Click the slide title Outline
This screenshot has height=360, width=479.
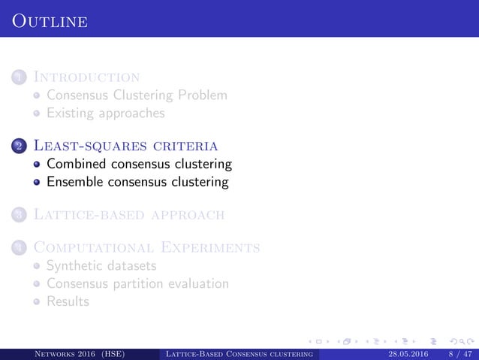point(50,22)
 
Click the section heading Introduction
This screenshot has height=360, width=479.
point(92,77)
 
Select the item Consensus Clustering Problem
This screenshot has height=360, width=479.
point(136,95)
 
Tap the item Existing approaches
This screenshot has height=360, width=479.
point(106,113)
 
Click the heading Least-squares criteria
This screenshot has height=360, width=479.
point(126,145)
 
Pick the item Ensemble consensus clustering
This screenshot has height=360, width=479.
point(137,181)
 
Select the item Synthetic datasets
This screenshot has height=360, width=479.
point(101,265)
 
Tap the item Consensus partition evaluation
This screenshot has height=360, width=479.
point(137,283)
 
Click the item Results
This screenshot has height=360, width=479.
point(68,301)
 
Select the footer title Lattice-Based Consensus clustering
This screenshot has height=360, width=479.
point(239,354)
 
